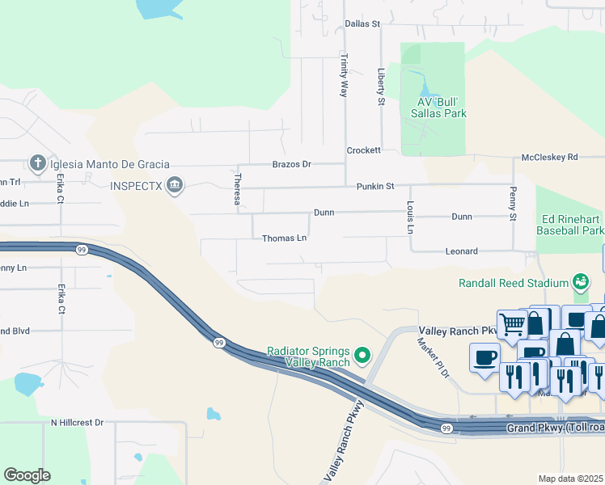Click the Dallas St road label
point(362,24)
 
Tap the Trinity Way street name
point(344,76)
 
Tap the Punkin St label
point(375,186)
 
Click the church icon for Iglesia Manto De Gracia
point(37,164)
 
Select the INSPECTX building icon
point(174,187)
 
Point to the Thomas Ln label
point(284,238)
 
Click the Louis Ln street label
point(411,218)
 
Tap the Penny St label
point(512,204)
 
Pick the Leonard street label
point(462,251)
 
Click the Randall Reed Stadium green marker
point(579,282)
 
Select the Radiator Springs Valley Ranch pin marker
point(362,355)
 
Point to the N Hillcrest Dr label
point(78,422)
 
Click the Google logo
point(27,475)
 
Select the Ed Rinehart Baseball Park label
point(570,225)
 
